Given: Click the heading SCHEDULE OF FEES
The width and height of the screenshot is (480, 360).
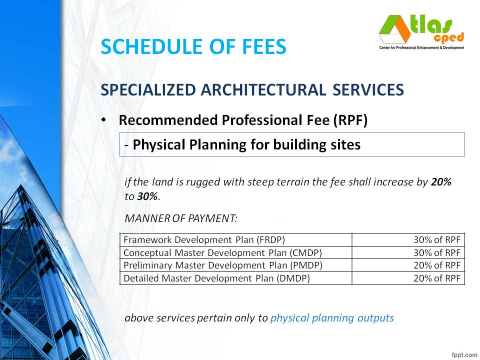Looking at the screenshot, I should point(193,46).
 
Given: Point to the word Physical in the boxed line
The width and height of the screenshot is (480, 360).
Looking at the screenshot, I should point(158,144).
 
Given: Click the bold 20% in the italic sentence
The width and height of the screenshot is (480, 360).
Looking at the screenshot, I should point(441,182).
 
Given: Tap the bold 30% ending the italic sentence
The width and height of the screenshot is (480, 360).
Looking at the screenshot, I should point(147,196).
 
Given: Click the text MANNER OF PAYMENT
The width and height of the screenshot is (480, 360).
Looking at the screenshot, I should point(181,218).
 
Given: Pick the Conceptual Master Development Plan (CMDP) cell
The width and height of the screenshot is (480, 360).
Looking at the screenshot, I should point(222,252).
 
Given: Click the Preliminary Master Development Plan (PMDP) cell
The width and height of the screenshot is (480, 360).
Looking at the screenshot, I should point(222,265).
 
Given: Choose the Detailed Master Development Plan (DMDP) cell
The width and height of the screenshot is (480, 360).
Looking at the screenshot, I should point(216,278).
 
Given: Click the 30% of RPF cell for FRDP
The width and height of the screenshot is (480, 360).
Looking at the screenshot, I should point(436,239).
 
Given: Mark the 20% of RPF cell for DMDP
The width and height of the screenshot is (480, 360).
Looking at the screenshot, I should point(436,278).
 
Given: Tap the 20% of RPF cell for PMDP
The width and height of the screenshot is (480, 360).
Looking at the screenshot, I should point(436,265).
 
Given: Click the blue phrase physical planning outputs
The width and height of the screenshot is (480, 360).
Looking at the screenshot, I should point(332,317).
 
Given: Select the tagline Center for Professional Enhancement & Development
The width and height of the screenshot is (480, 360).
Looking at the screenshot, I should point(421,47).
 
